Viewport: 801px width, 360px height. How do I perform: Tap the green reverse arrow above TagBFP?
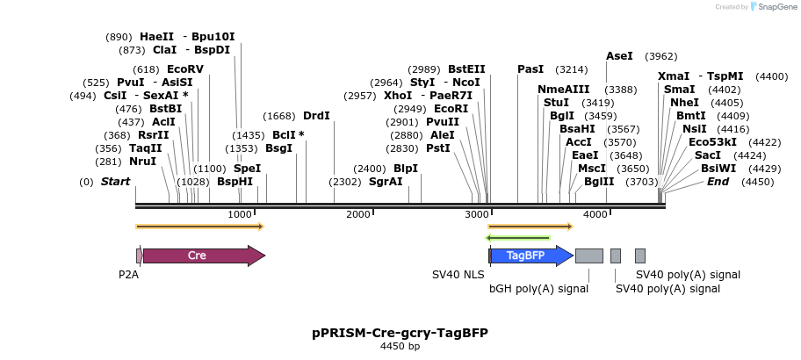(x=518, y=237)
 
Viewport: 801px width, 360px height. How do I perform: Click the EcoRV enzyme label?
(x=184, y=69)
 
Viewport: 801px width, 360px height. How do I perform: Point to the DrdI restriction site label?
(x=316, y=116)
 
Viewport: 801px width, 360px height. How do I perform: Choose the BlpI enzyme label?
(x=406, y=169)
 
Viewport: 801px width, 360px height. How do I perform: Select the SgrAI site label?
(x=386, y=182)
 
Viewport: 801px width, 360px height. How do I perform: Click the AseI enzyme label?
(x=619, y=56)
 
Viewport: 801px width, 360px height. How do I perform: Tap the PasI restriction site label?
(x=530, y=69)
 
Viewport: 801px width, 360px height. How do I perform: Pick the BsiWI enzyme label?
(x=718, y=169)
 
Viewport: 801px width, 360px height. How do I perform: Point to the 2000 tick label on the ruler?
(x=358, y=215)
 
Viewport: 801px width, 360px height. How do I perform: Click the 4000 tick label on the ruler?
(x=595, y=215)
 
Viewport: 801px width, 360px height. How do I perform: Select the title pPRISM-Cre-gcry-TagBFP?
(x=400, y=334)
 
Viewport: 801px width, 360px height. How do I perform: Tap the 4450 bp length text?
(x=400, y=347)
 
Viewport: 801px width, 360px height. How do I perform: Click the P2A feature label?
(x=128, y=275)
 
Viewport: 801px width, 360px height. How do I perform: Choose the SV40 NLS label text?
(x=458, y=275)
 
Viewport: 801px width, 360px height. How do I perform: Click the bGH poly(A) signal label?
(x=538, y=288)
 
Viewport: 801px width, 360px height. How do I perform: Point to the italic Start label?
(x=115, y=182)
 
